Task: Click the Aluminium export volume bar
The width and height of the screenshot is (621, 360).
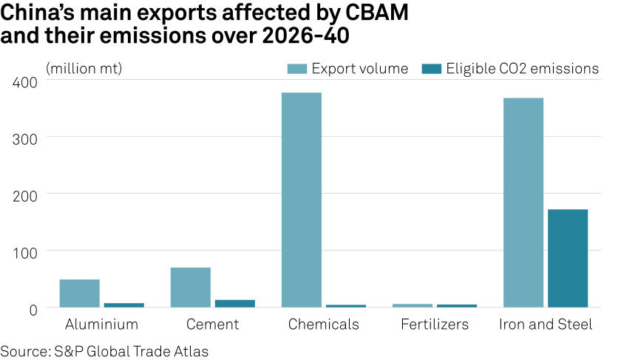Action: pyautogui.click(x=79, y=293)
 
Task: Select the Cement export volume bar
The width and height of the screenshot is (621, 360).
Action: pyautogui.click(x=190, y=287)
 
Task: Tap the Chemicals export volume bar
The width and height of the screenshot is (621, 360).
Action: pyautogui.click(x=301, y=200)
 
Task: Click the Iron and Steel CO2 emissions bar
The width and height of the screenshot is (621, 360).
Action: pyautogui.click(x=567, y=258)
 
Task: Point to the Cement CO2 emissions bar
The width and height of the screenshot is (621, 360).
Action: pyautogui.click(x=234, y=303)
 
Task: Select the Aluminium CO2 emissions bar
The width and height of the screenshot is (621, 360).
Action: pyautogui.click(x=123, y=305)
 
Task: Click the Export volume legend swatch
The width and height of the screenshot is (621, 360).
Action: pyautogui.click(x=296, y=69)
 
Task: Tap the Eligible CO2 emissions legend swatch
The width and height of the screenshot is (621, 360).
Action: pyautogui.click(x=431, y=69)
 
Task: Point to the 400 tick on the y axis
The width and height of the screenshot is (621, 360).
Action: pyautogui.click(x=24, y=82)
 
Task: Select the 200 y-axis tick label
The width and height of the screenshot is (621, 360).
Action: pyautogui.click(x=24, y=195)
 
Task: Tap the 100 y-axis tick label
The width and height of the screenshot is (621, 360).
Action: pyautogui.click(x=24, y=252)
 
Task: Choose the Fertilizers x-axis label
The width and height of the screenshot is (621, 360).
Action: pyautogui.click(x=434, y=325)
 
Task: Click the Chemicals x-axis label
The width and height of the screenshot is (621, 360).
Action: pyautogui.click(x=323, y=325)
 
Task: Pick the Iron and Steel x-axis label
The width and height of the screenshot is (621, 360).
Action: pyautogui.click(x=545, y=325)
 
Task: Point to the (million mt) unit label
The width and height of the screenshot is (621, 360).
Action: pyautogui.click(x=84, y=69)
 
